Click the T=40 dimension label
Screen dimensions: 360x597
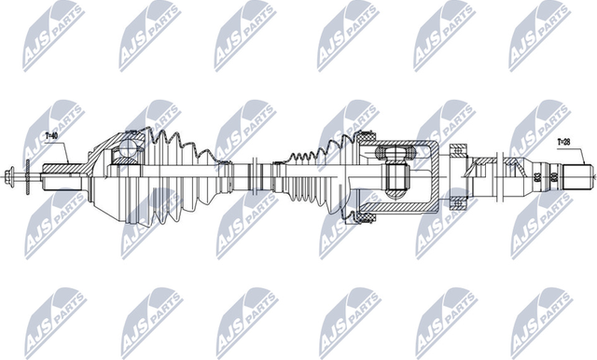coord(52,136)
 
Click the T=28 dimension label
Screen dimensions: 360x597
coord(564,143)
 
